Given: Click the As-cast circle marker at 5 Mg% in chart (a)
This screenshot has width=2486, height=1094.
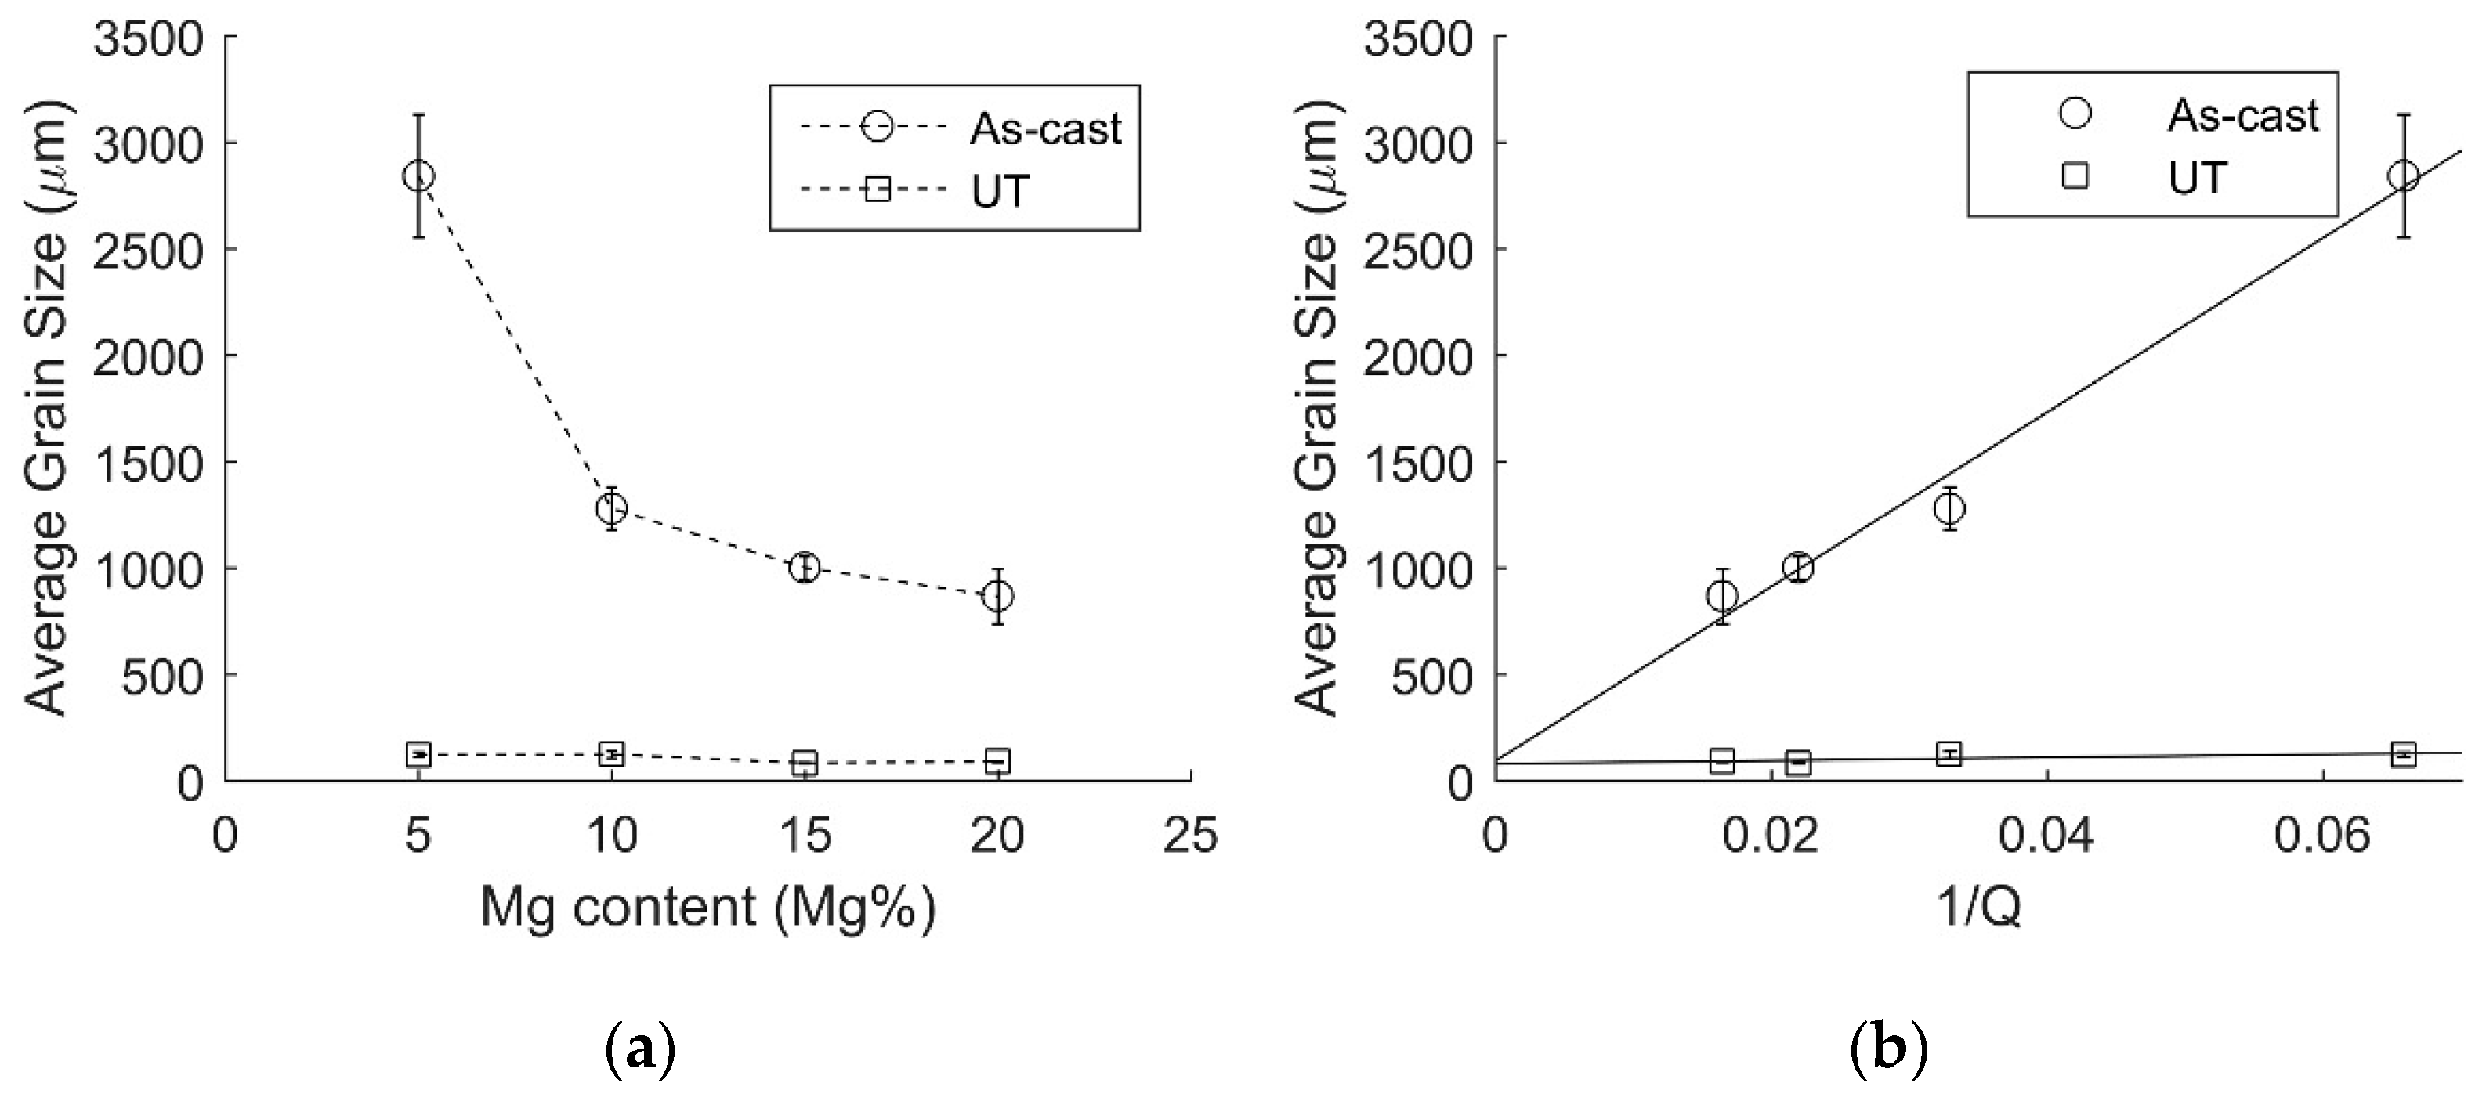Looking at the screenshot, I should click(418, 176).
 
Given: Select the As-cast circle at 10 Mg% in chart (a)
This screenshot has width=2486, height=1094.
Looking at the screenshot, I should click(611, 507).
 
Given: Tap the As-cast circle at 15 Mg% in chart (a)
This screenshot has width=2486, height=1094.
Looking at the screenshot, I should click(804, 567).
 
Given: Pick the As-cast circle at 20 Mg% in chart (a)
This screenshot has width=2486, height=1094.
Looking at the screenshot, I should click(998, 595).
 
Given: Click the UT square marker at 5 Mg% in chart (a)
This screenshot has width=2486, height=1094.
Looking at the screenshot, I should click(418, 753).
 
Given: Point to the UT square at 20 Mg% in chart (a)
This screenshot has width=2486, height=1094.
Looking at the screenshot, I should click(998, 760).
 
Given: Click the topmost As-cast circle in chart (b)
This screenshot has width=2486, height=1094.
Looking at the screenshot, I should click(2403, 176).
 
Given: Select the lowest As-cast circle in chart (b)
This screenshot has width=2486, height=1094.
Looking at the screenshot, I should click(1721, 595).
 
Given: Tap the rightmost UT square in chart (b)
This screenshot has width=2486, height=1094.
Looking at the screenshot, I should click(2403, 753).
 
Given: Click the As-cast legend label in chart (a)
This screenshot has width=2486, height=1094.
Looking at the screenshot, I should click(1045, 128).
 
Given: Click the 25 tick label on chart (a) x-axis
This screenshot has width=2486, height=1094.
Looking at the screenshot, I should click(1191, 835).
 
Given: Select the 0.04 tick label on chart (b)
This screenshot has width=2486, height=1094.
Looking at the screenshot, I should click(2046, 835).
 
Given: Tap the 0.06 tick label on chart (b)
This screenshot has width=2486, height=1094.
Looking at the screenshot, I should click(2322, 835).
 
